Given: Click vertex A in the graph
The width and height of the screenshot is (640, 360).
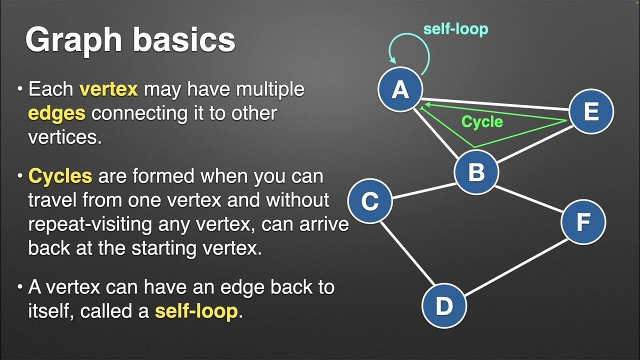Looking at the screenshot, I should click(x=400, y=90).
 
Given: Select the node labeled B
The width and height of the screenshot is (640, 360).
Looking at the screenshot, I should click(x=476, y=172).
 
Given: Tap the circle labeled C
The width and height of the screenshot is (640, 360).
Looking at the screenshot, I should click(x=370, y=201).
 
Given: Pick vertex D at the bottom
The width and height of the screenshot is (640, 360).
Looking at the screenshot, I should click(x=444, y=305).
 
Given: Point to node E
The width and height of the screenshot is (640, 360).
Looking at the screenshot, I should click(x=591, y=111).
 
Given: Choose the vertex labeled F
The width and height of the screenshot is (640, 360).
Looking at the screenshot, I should click(x=583, y=222).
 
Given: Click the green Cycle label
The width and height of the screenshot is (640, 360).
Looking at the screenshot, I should click(x=482, y=121).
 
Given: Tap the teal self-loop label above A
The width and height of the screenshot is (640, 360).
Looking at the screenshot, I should click(x=455, y=28).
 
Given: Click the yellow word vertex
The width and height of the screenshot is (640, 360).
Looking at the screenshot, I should click(x=108, y=89).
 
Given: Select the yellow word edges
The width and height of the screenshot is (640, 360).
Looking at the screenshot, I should click(x=56, y=113).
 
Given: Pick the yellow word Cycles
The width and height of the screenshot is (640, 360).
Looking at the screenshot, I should click(x=60, y=176).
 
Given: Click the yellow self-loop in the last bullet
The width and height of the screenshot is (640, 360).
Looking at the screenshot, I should click(x=196, y=311).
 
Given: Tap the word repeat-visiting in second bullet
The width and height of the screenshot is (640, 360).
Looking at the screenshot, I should click(x=90, y=224).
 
